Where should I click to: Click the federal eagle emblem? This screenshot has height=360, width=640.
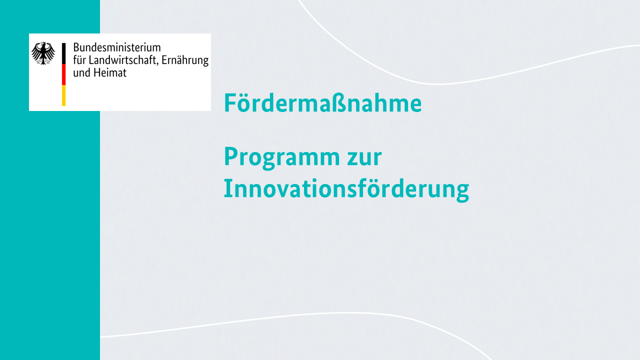(43, 53)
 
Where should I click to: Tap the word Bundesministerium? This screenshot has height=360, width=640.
(117, 47)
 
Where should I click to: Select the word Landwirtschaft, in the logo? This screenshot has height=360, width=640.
(123, 60)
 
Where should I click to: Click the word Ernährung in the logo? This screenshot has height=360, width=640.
(185, 60)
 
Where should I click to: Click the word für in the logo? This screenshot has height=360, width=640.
(79, 60)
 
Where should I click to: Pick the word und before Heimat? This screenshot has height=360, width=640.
(81, 72)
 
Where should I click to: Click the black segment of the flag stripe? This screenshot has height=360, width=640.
(63, 53)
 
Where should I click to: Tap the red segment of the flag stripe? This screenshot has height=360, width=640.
(63, 74)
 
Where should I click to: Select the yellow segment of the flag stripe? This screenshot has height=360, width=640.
(63, 95)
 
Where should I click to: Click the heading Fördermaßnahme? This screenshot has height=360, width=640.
(323, 102)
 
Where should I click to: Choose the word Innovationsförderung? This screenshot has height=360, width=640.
(346, 189)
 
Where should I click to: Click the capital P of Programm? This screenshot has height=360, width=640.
(231, 156)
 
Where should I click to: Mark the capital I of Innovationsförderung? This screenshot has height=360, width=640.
(227, 188)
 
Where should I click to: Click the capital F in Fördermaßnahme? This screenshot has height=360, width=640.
(230, 103)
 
